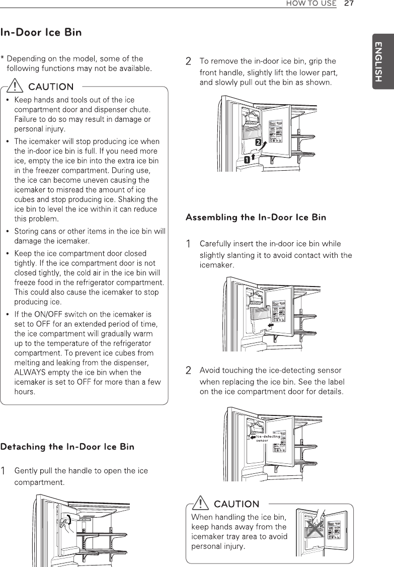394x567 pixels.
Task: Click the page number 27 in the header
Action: (x=349, y=4)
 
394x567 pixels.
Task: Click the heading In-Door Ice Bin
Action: (x=41, y=33)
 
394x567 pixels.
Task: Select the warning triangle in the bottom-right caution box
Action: (x=203, y=504)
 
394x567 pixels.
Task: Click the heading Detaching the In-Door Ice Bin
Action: (x=67, y=447)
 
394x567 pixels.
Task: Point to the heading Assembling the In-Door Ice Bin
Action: (x=256, y=218)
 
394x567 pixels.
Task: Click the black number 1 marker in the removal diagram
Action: (x=247, y=160)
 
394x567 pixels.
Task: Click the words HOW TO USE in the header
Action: (x=311, y=4)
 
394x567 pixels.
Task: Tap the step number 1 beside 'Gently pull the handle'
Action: (x=4, y=471)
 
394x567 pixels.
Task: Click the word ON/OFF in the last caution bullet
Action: (x=49, y=314)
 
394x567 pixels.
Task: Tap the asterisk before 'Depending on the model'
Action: (x=3, y=59)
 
